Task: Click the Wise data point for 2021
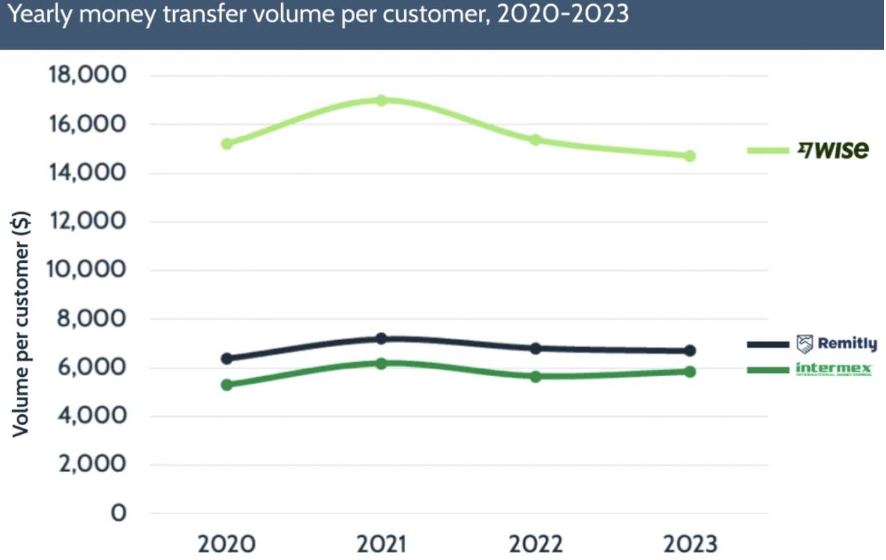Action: click(x=381, y=100)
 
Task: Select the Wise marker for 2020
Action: click(x=226, y=144)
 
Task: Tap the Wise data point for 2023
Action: click(x=689, y=156)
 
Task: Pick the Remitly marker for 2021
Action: click(x=381, y=339)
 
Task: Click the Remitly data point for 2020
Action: click(x=226, y=358)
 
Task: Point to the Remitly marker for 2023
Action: click(x=689, y=351)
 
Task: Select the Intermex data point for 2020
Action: click(x=226, y=384)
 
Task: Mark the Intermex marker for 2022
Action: click(x=535, y=377)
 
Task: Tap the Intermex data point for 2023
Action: click(x=689, y=371)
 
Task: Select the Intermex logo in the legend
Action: click(x=833, y=369)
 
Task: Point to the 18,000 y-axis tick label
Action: click(x=87, y=75)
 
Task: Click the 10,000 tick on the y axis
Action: click(x=87, y=270)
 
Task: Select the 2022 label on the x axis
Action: click(x=535, y=543)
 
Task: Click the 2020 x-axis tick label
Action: click(x=226, y=543)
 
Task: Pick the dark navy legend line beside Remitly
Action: click(x=768, y=344)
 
